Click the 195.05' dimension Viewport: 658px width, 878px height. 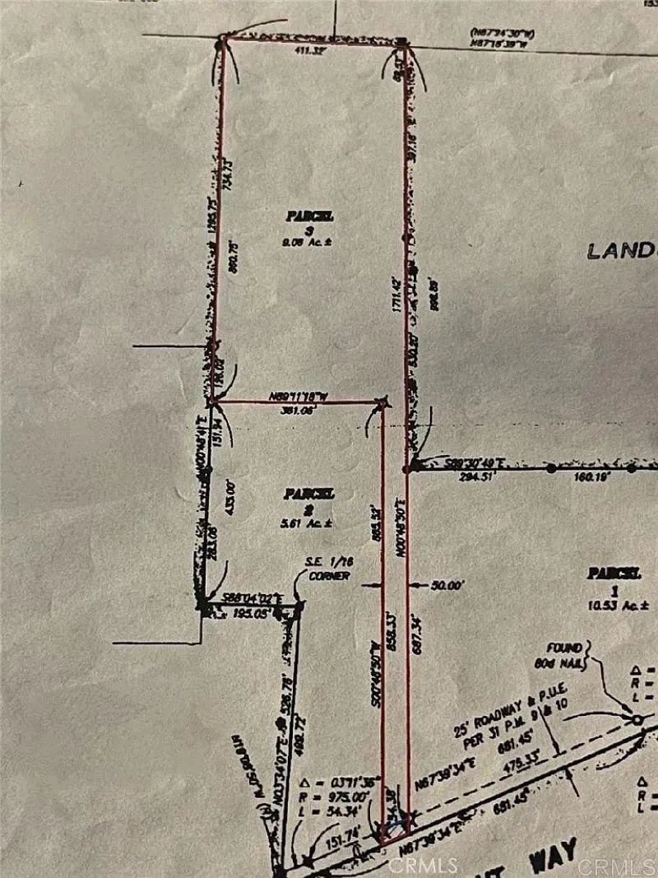[250, 614]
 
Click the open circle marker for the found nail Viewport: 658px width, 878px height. [637, 720]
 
